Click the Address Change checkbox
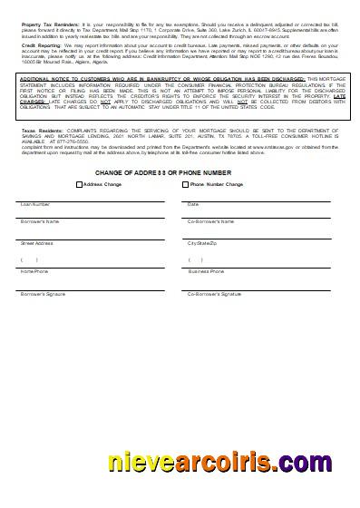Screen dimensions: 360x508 point(79,184)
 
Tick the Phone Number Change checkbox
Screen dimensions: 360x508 point(186,184)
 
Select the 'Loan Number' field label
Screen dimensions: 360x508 point(35,204)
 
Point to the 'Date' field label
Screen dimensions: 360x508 point(193,204)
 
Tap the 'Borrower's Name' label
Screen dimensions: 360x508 point(40,221)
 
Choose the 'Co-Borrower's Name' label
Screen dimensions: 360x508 point(210,221)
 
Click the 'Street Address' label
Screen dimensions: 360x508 point(37,243)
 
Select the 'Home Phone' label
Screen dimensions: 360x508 point(34,271)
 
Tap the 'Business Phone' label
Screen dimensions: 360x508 point(206,271)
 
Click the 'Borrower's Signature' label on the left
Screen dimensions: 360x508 point(44,294)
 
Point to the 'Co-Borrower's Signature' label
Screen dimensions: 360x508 point(214,294)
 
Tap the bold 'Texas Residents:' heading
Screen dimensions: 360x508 point(40,131)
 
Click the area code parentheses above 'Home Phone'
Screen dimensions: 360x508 point(30,260)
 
